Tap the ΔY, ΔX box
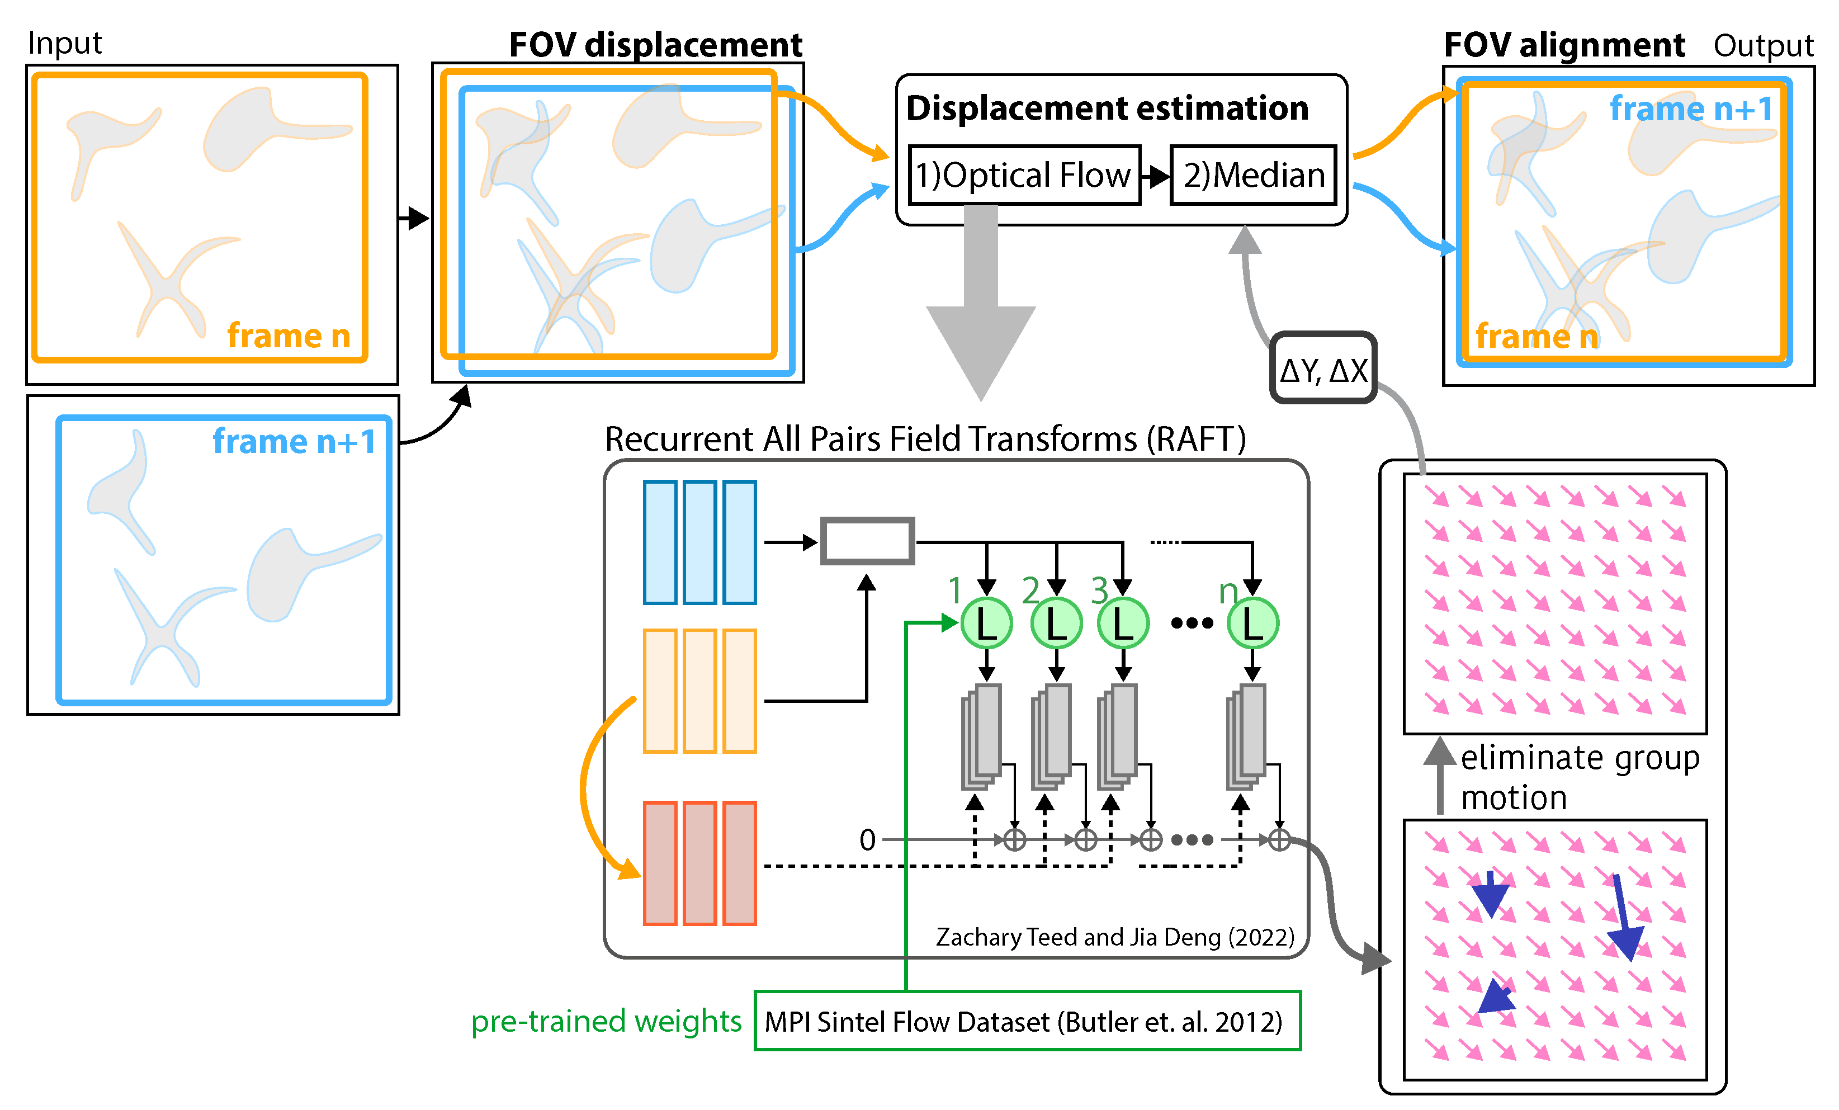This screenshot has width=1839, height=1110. [1323, 368]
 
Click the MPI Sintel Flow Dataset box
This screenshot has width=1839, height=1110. [1028, 1021]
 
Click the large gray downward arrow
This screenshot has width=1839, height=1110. [981, 303]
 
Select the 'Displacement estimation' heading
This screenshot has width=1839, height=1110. [1108, 108]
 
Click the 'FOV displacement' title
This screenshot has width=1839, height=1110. [655, 45]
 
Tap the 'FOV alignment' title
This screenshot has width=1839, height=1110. [1564, 45]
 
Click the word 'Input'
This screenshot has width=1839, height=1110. [65, 43]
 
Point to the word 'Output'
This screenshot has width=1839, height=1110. [1763, 45]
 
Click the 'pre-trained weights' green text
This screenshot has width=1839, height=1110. [606, 1021]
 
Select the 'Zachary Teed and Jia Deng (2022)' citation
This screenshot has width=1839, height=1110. [1115, 937]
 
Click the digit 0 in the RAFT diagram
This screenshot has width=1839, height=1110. [867, 840]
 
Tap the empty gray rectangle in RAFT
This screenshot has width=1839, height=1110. [867, 540]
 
